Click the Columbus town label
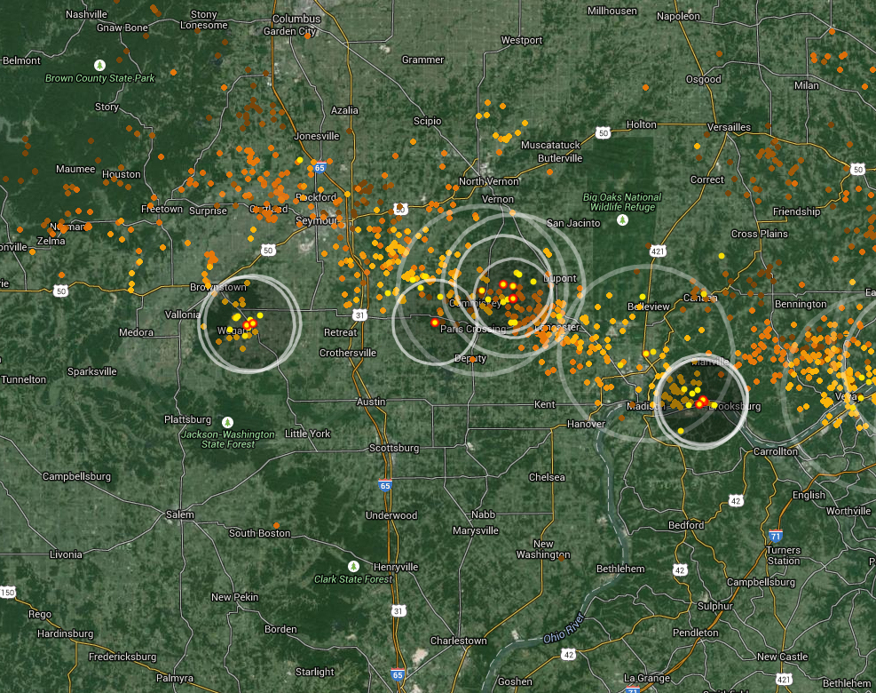click(x=296, y=18)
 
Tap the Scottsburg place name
click(x=393, y=448)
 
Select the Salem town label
click(x=179, y=514)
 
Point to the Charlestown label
click(x=458, y=641)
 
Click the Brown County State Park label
click(x=100, y=78)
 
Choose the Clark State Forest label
click(x=353, y=579)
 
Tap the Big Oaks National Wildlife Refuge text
click(x=622, y=202)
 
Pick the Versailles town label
click(x=729, y=127)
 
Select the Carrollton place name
click(x=775, y=451)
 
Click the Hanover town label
click(x=586, y=424)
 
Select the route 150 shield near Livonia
click(x=8, y=592)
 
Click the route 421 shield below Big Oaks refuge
click(x=658, y=251)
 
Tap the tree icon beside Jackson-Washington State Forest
click(x=228, y=421)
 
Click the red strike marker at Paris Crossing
click(x=434, y=323)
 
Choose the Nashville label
click(x=86, y=14)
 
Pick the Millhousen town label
click(x=612, y=10)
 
